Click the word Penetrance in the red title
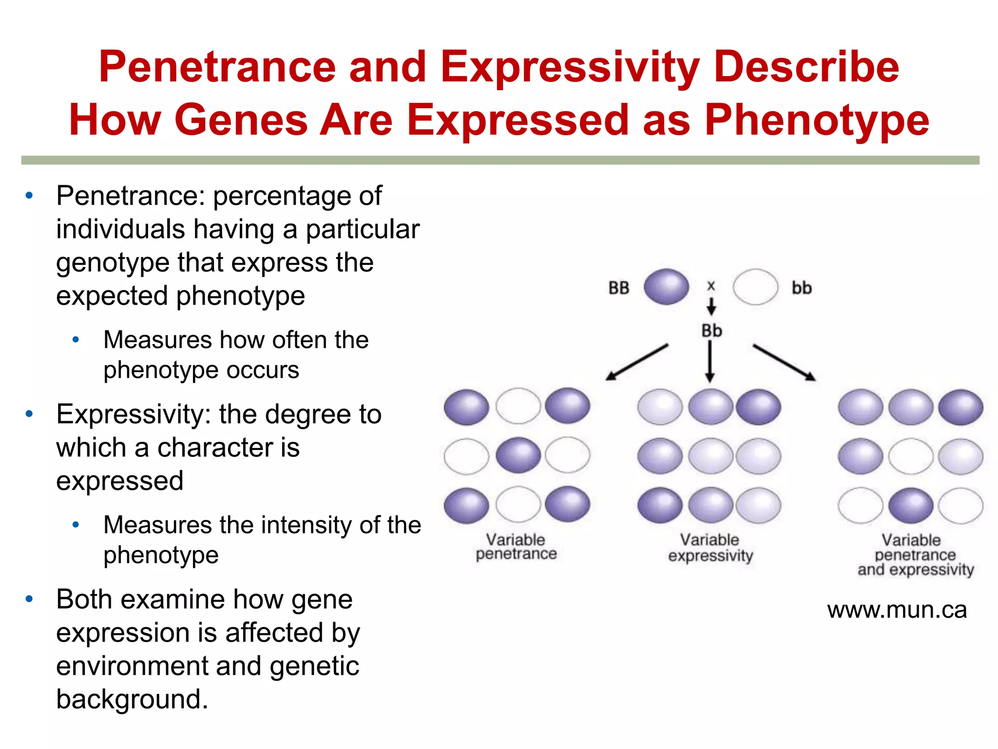217,67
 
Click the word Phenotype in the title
817,120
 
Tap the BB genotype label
619,288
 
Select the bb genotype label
802,288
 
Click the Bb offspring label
711,331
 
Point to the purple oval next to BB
666,287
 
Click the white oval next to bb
755,287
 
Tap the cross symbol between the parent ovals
711,286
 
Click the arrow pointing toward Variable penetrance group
636,362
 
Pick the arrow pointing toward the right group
784,362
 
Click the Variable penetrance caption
516,547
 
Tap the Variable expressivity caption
710,547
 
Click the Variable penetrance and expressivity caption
915,554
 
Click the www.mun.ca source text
897,610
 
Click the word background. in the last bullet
132,699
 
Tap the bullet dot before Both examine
29,599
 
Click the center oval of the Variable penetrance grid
518,455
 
